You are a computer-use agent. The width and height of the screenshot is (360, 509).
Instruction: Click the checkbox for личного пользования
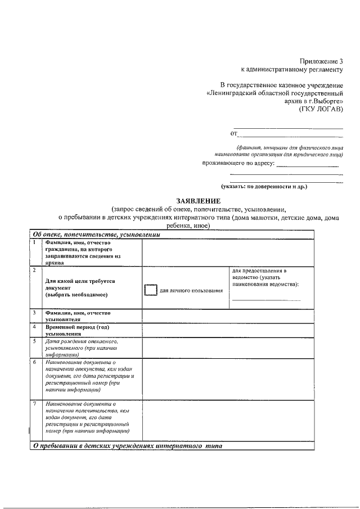point(151,290)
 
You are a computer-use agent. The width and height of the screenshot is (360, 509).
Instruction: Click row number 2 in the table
point(34,271)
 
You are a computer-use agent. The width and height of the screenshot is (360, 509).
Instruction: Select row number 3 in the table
point(34,312)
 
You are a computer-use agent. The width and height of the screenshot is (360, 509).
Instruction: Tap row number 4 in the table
point(34,326)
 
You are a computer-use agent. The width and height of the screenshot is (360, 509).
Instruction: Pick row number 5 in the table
point(34,341)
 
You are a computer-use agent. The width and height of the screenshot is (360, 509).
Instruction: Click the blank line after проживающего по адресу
point(308,165)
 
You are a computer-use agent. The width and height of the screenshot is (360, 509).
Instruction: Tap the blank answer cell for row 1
point(227,252)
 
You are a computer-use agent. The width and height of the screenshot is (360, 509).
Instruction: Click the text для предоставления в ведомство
point(265,277)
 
